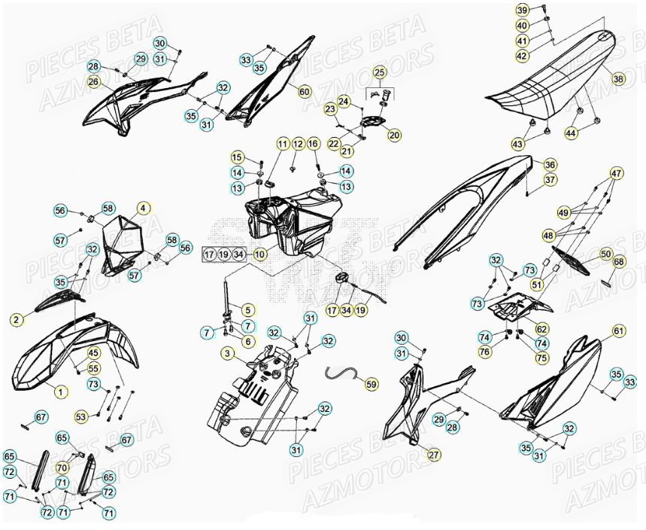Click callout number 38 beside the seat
618,78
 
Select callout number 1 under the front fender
61,391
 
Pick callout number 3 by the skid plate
226,353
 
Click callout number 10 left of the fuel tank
258,254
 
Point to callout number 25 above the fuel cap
379,73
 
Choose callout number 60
304,92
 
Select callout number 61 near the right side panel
618,330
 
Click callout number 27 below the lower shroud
433,453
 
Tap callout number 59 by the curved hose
372,384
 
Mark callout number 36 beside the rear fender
550,165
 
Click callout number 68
618,262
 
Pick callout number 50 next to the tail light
605,255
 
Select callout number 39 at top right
522,10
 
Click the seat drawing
549,87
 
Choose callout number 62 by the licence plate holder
541,328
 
